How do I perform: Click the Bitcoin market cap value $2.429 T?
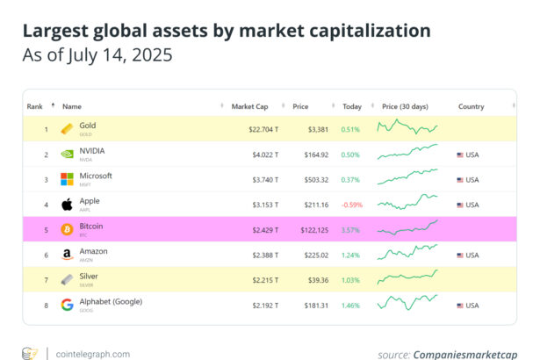[x=264, y=230]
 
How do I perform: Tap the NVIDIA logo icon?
[x=67, y=155]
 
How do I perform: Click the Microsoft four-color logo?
[x=67, y=179]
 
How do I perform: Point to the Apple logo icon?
[x=67, y=205]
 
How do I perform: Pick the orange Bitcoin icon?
[x=67, y=230]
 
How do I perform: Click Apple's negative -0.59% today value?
[x=351, y=205]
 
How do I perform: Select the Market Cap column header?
[x=249, y=106]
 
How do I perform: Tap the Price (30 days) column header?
[x=406, y=106]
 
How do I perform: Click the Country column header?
[x=471, y=106]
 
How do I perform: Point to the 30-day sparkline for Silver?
[x=407, y=279]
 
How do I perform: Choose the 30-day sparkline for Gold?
[x=407, y=129]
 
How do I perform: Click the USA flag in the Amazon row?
[x=460, y=255]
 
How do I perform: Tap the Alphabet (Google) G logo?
[x=67, y=305]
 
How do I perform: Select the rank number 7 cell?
[x=47, y=280]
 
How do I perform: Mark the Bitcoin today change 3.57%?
[x=350, y=230]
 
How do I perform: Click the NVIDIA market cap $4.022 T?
[x=264, y=155]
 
